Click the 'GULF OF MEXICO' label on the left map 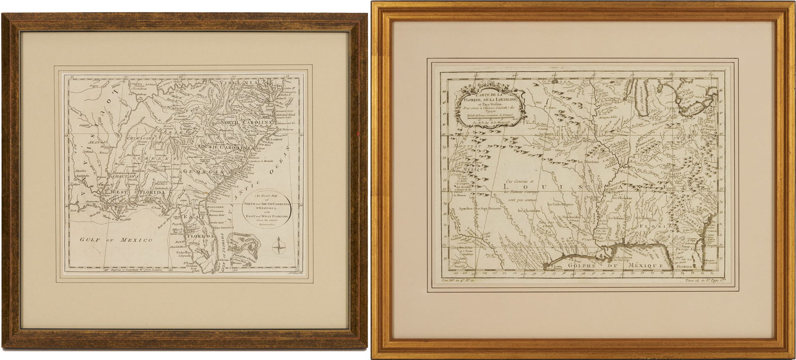[117, 240]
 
